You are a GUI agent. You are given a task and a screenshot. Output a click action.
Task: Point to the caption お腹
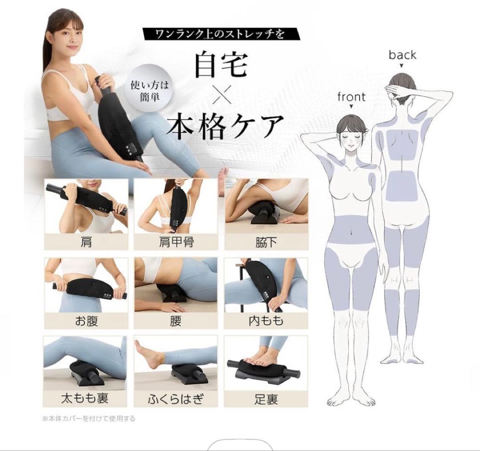86,321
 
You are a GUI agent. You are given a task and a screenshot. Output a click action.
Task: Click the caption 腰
176,321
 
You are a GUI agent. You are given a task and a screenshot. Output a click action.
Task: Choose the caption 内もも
266,321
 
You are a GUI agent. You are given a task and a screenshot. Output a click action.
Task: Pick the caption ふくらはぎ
176,399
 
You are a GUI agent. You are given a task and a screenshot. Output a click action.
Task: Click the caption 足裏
266,399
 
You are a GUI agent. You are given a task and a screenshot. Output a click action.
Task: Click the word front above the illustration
351,97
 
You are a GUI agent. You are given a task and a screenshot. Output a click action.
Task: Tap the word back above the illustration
402,55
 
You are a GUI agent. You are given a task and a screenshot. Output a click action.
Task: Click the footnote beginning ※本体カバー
89,419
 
